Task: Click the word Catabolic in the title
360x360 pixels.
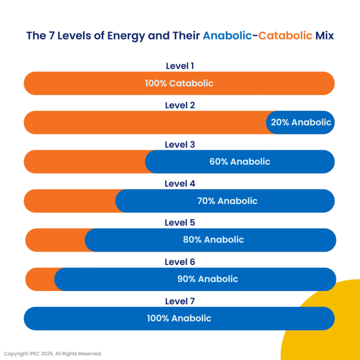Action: tap(285, 36)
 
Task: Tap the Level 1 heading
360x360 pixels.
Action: tap(180, 66)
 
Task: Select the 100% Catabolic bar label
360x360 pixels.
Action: tap(179, 83)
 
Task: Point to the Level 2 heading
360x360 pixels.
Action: tap(180, 105)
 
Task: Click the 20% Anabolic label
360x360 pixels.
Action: tap(301, 123)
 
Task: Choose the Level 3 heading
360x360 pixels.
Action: tap(180, 145)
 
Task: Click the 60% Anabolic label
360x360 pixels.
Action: tap(240, 162)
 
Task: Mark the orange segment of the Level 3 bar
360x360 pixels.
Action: tap(84, 162)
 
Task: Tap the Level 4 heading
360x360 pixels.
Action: tap(180, 184)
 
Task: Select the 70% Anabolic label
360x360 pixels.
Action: tap(227, 201)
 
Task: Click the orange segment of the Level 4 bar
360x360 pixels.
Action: tap(69, 201)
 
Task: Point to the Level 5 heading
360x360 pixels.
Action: tap(180, 223)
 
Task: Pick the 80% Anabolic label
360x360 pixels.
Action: tap(213, 240)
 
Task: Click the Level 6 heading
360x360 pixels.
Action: tap(180, 262)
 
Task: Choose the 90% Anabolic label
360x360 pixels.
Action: tap(208, 279)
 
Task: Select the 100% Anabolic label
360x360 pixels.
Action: tap(179, 318)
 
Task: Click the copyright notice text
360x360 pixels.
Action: tap(53, 353)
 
